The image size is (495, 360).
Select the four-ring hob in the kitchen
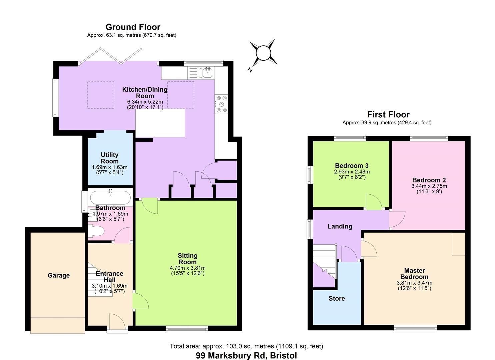[x=222, y=104]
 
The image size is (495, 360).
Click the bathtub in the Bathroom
[x=110, y=197]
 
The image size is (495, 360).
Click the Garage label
[x=59, y=275]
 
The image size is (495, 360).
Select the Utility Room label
[x=110, y=158]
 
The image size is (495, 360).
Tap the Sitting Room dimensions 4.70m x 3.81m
[x=187, y=268]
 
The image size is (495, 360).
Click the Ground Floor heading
[x=133, y=27]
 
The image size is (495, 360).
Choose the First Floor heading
[x=388, y=115]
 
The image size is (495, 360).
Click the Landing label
[x=340, y=226]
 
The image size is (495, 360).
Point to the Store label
[x=337, y=298]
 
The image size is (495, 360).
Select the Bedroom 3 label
[x=351, y=166]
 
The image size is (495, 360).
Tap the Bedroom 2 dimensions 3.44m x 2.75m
[x=429, y=186]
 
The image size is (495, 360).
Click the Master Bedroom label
[x=414, y=274]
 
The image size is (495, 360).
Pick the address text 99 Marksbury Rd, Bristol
[x=246, y=356]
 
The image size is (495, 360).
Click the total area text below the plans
[x=246, y=346]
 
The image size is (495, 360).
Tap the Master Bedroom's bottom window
[x=415, y=328]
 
